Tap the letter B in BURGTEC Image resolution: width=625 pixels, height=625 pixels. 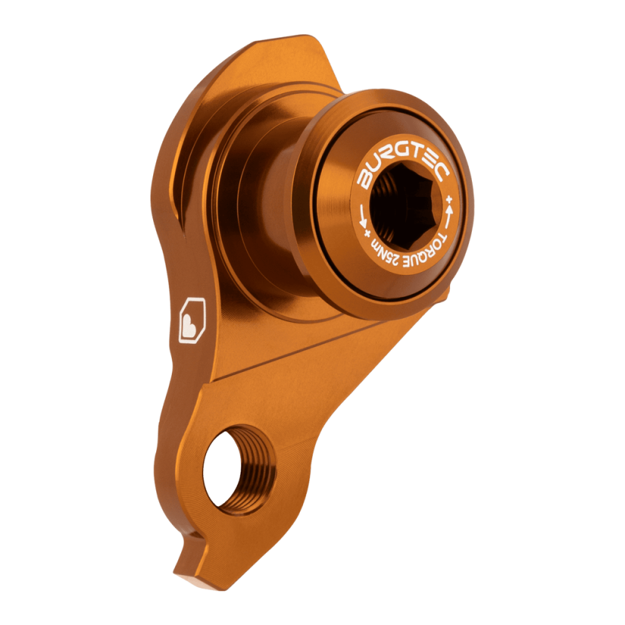click(x=364, y=182)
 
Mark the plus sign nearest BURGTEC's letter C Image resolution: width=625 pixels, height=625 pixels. click(x=449, y=199)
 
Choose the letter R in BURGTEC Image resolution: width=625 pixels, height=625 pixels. click(x=384, y=161)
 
